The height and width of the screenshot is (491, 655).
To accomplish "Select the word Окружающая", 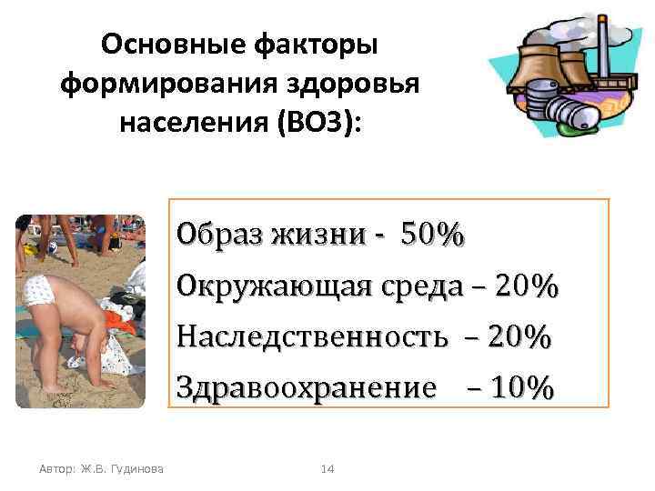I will (272, 288).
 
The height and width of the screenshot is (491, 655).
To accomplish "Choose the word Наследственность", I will (312, 338).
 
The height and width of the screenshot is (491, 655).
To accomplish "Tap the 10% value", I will (521, 389).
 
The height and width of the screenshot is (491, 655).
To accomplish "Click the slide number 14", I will (328, 468).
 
